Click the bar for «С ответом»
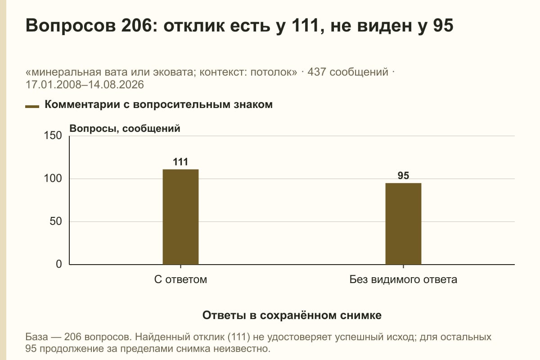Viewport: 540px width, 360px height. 180,217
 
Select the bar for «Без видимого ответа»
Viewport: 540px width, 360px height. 403,224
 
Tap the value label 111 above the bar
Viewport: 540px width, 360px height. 180,162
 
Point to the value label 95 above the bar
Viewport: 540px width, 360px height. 403,175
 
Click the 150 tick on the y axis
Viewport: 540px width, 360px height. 53,135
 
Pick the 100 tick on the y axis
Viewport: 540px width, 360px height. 53,179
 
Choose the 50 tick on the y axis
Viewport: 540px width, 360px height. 56,221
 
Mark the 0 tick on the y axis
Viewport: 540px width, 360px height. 59,264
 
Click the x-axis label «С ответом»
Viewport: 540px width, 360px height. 180,280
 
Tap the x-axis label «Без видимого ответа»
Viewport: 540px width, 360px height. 403,280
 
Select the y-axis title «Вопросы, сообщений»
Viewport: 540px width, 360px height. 125,129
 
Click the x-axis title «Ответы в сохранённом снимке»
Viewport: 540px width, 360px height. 292,315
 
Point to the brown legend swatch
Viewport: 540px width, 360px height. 32,107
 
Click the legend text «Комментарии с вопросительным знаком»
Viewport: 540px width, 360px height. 158,105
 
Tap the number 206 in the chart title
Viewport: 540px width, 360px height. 136,25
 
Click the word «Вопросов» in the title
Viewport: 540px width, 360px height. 71,26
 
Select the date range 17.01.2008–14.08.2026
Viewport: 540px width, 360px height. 85,85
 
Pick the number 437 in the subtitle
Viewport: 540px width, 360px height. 316,72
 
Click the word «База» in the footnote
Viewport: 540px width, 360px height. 36,337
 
